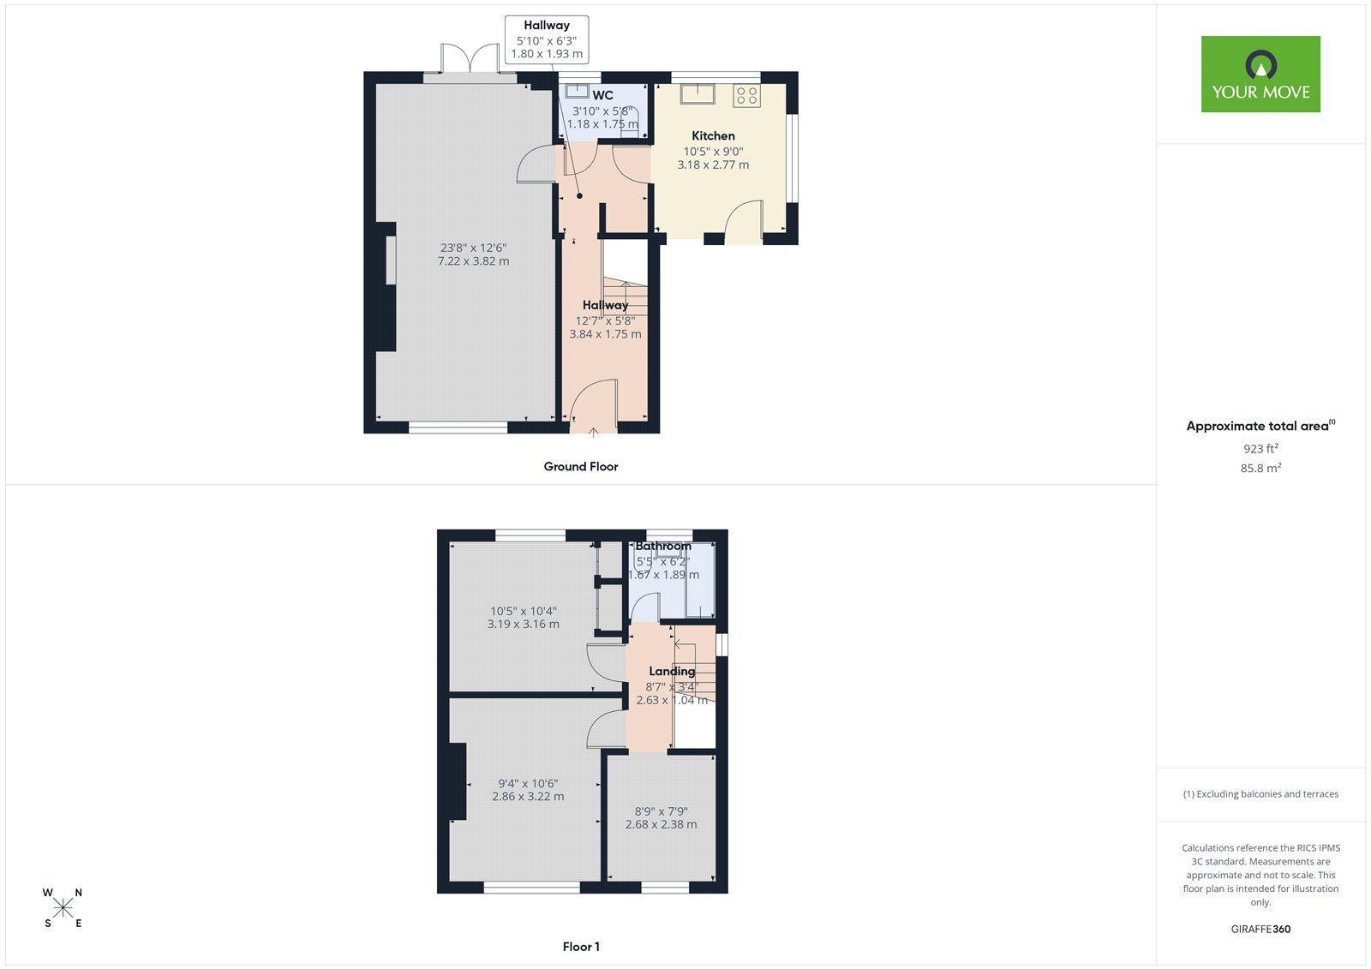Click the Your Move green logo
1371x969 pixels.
[1260, 74]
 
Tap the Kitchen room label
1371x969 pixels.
[713, 135]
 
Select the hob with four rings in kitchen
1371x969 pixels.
[746, 95]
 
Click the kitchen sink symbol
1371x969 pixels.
[697, 93]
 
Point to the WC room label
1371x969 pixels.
[602, 95]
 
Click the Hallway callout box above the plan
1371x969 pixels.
[547, 39]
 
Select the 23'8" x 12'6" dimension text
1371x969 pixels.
[473, 248]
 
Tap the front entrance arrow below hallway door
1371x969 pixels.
[593, 433]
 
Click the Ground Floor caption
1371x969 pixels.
[580, 466]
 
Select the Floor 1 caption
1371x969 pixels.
[581, 947]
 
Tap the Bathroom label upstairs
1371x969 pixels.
[662, 546]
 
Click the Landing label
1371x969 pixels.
[671, 671]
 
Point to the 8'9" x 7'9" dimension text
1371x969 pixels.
[661, 810]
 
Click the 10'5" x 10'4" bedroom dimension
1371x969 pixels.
[523, 611]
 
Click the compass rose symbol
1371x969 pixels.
[63, 908]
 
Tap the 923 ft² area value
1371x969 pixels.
[1260, 448]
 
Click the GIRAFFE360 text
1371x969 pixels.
[1260, 929]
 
